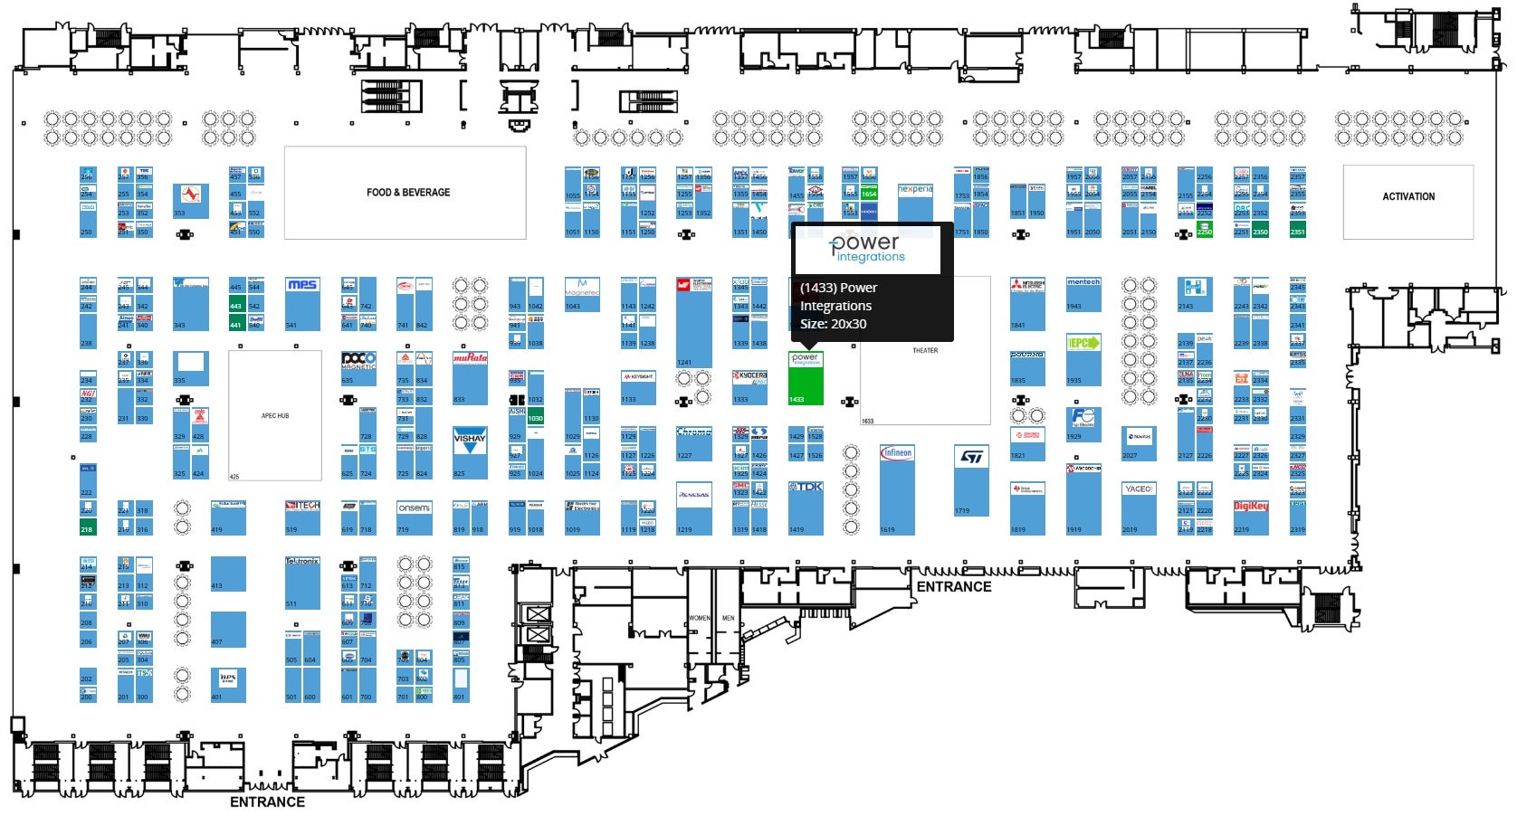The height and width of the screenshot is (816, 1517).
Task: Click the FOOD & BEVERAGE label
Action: pyautogui.click(x=407, y=193)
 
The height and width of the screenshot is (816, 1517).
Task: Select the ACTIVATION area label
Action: pyautogui.click(x=1407, y=196)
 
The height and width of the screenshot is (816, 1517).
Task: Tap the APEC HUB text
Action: pyautogui.click(x=275, y=416)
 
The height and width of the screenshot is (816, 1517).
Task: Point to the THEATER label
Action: pyautogui.click(x=924, y=350)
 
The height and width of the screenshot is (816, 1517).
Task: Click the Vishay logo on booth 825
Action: pyautogui.click(x=470, y=441)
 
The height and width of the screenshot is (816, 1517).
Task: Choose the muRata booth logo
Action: pyautogui.click(x=470, y=358)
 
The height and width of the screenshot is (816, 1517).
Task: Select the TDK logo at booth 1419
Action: pyautogui.click(x=806, y=487)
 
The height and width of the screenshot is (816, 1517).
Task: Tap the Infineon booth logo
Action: pyautogui.click(x=897, y=452)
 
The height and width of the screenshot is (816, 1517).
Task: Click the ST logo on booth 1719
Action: pyautogui.click(x=971, y=458)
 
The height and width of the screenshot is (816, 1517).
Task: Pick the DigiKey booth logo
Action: pyautogui.click(x=1250, y=507)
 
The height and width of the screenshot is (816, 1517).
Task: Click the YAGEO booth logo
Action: pyautogui.click(x=1139, y=489)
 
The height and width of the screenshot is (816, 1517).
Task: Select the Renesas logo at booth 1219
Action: pyautogui.click(x=693, y=495)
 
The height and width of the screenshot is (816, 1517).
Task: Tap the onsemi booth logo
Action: pyautogui.click(x=414, y=508)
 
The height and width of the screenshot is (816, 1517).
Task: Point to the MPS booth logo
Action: pyautogui.click(x=302, y=285)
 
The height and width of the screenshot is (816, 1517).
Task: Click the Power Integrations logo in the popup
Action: pyautogui.click(x=866, y=248)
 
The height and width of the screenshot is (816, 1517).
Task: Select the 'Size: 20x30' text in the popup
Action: pyautogui.click(x=833, y=324)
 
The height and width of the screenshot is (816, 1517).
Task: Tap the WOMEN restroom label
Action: pyautogui.click(x=700, y=618)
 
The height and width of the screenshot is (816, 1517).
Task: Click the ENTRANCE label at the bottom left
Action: pyautogui.click(x=267, y=802)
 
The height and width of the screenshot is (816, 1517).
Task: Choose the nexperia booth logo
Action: pyautogui.click(x=915, y=190)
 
